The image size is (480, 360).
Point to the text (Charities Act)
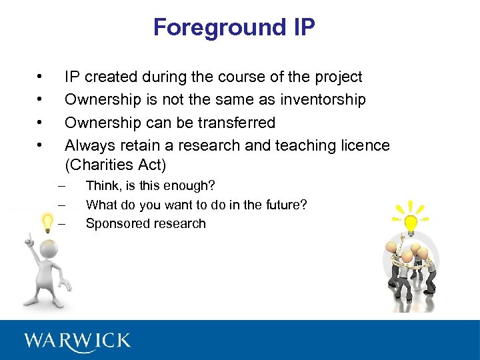[x=115, y=164]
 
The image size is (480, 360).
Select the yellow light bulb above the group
[x=411, y=223]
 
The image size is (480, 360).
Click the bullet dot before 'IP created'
[x=41, y=77]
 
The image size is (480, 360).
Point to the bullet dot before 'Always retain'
[x=41, y=145]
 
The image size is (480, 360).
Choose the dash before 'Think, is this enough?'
[x=62, y=185]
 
